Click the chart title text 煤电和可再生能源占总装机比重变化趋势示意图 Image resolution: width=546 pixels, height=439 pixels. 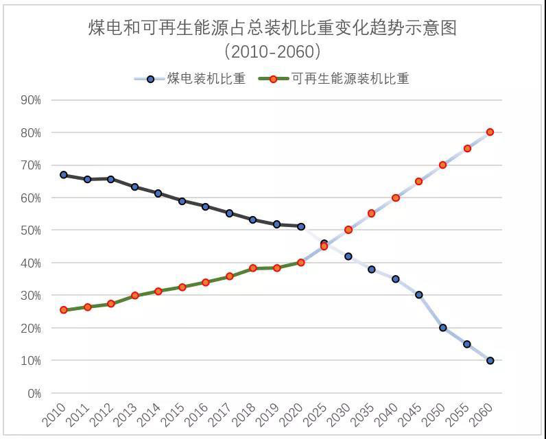(x=272, y=28)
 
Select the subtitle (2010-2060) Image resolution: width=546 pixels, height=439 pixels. (x=272, y=51)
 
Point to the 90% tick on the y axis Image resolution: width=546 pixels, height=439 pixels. (x=31, y=100)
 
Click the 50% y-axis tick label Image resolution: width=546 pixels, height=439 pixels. (x=31, y=230)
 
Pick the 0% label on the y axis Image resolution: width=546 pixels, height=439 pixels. (x=34, y=394)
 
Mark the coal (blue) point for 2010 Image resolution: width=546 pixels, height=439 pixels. (x=64, y=175)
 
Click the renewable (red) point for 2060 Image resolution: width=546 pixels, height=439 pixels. (x=490, y=132)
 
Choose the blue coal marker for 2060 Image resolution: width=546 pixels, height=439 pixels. (x=490, y=361)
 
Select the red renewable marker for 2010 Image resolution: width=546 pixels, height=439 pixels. (x=64, y=310)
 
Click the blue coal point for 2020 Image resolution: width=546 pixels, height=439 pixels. (x=300, y=226)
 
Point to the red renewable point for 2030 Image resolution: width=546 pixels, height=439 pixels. (x=348, y=230)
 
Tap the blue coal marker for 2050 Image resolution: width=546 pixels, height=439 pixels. (x=442, y=328)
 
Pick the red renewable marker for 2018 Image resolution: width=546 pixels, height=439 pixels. (x=253, y=268)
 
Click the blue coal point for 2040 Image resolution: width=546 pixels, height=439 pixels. (x=395, y=279)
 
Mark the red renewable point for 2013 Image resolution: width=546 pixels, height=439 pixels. (x=135, y=296)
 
